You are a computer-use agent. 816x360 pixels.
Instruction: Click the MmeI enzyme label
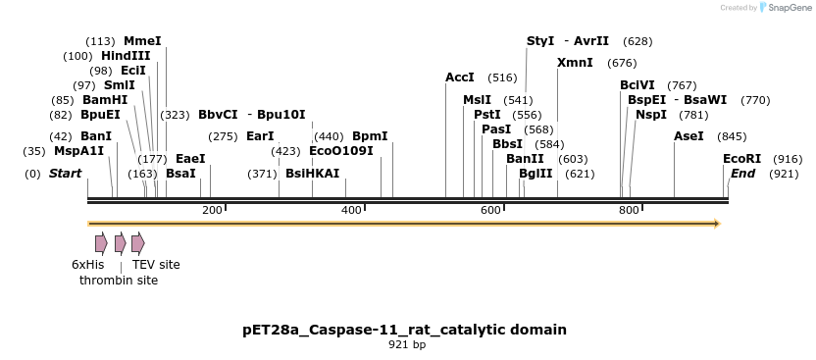(x=142, y=41)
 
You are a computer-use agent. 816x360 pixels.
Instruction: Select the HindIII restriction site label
(x=126, y=56)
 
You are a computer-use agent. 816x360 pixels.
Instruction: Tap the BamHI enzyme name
(x=104, y=100)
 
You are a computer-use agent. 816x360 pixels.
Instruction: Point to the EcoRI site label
(x=741, y=159)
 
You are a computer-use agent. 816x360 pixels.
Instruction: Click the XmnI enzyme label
(x=575, y=63)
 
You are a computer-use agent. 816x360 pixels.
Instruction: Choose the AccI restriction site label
(x=460, y=77)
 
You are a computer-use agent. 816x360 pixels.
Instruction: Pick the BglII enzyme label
(x=535, y=174)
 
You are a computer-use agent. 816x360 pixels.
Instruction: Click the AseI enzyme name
(x=688, y=136)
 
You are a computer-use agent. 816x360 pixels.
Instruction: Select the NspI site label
(x=650, y=115)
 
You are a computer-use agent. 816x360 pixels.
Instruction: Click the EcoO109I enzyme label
(x=341, y=151)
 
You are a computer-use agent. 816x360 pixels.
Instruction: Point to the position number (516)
(x=502, y=77)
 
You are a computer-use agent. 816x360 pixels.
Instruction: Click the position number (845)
(x=732, y=136)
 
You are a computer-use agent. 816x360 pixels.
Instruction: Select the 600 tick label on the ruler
(x=490, y=211)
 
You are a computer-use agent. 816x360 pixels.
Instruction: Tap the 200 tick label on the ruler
(x=212, y=211)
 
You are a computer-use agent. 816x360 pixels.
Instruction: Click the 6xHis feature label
(x=87, y=265)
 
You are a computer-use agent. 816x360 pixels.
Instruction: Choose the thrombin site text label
(x=119, y=281)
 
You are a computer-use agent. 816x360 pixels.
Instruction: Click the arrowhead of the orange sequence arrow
(x=717, y=224)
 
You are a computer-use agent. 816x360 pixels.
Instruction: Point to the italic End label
(x=742, y=174)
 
